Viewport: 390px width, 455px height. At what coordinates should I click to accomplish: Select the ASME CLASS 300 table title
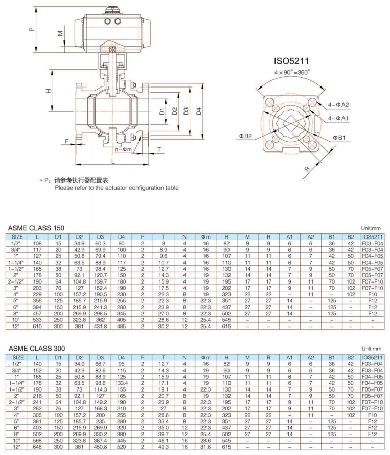click(37, 349)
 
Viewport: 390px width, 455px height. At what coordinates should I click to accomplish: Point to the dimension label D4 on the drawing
click(198, 111)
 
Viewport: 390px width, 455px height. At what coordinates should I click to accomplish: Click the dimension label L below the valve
click(113, 160)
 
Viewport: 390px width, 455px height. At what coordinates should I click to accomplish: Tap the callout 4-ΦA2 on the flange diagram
click(338, 104)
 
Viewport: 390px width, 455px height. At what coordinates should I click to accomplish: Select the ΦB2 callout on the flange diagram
click(245, 136)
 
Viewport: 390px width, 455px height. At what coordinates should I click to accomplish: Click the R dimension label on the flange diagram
click(307, 168)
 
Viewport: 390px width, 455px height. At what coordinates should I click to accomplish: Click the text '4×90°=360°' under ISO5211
click(292, 72)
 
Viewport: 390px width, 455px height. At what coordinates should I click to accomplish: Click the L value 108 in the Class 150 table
click(37, 243)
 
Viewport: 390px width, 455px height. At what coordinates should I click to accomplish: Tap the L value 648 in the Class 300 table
click(37, 448)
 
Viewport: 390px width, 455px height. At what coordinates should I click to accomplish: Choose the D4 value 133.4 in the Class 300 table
click(121, 382)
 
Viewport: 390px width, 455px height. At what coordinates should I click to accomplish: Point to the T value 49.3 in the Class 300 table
click(164, 448)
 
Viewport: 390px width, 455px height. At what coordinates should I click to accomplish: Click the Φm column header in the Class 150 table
click(206, 237)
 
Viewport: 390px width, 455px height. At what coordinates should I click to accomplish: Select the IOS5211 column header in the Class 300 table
click(372, 357)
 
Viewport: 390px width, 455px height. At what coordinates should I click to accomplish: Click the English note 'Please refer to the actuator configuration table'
click(117, 188)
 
